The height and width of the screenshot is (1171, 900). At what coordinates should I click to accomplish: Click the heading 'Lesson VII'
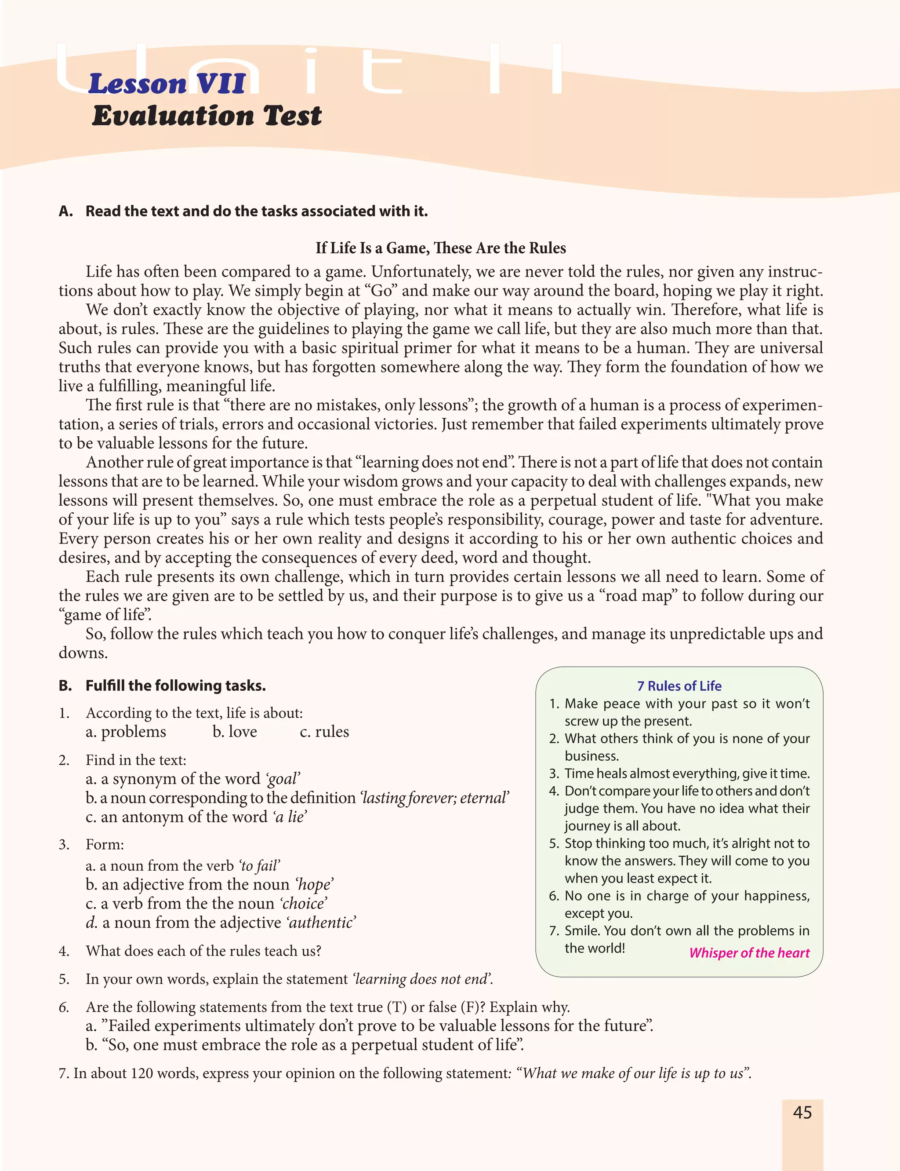(x=167, y=84)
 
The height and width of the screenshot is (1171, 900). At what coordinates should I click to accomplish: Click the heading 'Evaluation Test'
(x=207, y=116)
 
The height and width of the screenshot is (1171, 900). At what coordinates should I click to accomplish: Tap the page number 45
(x=802, y=1113)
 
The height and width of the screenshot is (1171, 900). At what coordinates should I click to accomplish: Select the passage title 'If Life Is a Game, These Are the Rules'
(x=440, y=248)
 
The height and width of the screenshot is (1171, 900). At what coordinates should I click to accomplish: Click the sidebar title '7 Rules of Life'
(x=679, y=686)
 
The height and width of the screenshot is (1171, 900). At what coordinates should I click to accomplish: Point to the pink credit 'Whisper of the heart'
(x=749, y=952)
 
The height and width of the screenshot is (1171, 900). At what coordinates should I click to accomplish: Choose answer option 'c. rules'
(x=324, y=732)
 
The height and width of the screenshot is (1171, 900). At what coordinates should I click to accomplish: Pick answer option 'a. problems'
(x=126, y=732)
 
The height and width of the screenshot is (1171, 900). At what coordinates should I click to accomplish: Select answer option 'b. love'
(x=235, y=732)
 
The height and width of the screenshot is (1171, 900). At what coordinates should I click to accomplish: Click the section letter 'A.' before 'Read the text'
(x=66, y=211)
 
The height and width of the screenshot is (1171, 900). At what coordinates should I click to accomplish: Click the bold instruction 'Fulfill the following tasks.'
(x=176, y=686)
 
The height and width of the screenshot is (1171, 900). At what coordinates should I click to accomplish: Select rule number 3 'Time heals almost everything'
(x=687, y=773)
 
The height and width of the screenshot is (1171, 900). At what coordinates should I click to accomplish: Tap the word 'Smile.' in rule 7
(x=582, y=930)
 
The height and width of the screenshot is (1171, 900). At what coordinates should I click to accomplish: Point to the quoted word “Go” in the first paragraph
(x=381, y=291)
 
